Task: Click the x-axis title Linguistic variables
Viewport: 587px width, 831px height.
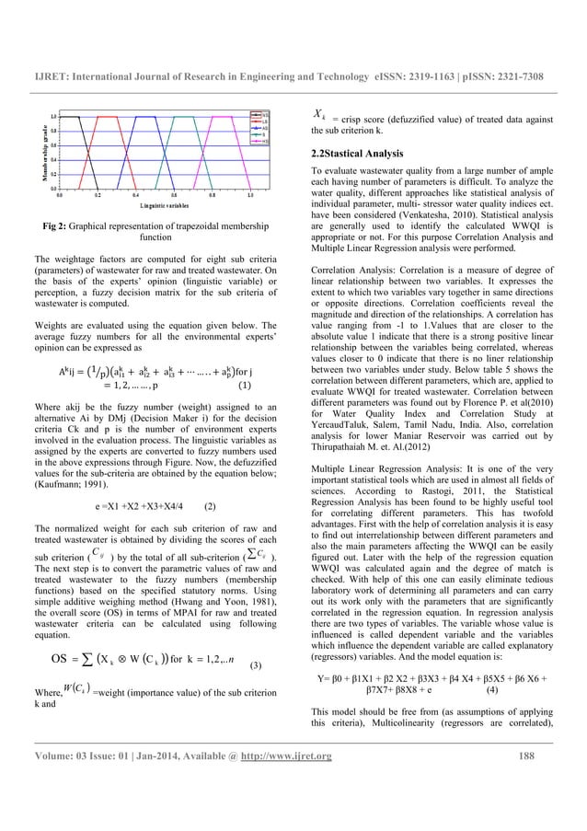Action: tap(155, 204)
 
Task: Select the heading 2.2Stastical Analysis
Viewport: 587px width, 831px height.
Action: tap(363, 152)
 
